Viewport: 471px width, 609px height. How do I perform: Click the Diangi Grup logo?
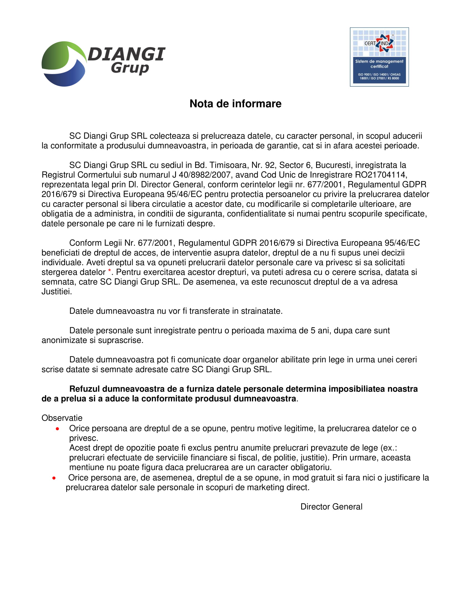[103, 64]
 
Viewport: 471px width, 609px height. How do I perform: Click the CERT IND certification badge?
[379, 57]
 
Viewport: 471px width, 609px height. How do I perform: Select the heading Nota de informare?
[235, 104]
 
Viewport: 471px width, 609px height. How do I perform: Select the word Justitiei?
[57, 292]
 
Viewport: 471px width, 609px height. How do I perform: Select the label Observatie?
[62, 418]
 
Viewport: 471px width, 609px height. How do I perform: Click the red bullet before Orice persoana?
[57, 429]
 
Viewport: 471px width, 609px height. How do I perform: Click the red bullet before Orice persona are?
[54, 478]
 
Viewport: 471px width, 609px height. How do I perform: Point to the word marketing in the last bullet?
[265, 487]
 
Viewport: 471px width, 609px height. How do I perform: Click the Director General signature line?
[331, 507]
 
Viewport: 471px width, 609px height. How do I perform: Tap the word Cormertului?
[99, 175]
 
